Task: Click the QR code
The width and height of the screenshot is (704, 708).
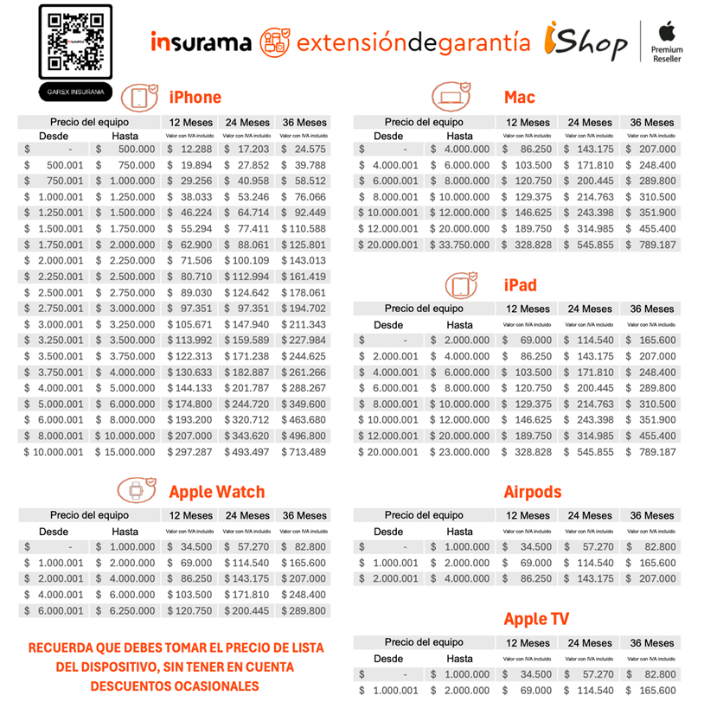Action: [x=75, y=42]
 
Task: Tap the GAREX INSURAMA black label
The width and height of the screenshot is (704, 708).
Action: [x=75, y=91]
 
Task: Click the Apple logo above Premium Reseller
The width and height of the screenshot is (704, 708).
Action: [x=666, y=33]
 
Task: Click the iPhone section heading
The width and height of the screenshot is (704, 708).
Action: [x=195, y=97]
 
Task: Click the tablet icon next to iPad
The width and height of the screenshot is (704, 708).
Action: [x=460, y=284]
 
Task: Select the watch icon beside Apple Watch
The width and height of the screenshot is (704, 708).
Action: [x=136, y=491]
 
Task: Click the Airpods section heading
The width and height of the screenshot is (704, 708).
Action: [x=532, y=492]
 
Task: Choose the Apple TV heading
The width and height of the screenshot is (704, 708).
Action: [x=536, y=619]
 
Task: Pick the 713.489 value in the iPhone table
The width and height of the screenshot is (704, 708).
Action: [x=304, y=452]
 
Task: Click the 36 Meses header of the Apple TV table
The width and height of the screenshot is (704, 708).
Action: [x=652, y=643]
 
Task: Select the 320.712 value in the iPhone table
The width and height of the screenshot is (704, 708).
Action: [x=247, y=420]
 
